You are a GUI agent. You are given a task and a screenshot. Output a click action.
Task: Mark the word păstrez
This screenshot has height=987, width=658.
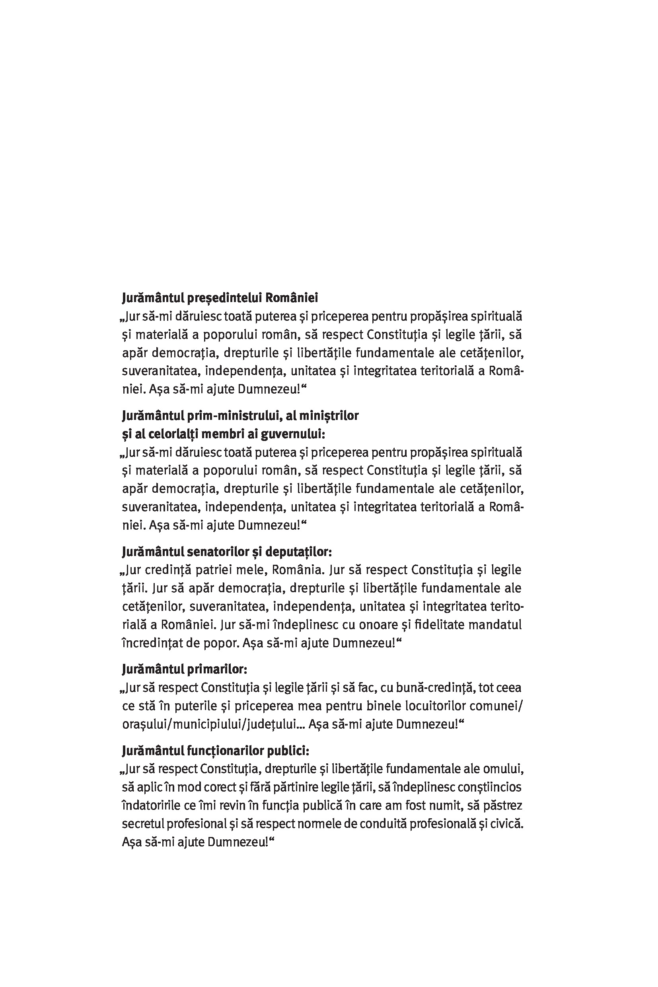(x=502, y=805)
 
